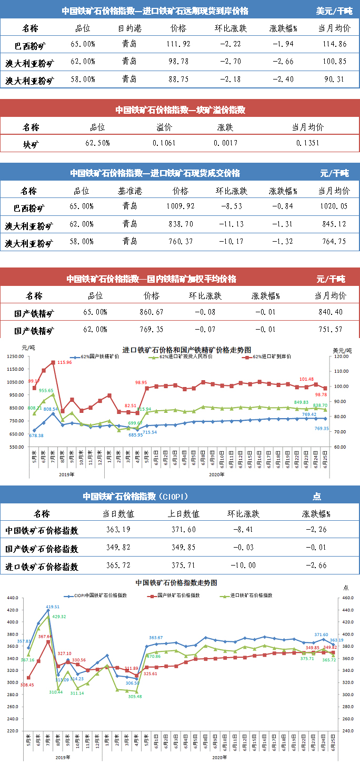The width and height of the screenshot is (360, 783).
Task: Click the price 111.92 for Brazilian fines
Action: pos(178,44)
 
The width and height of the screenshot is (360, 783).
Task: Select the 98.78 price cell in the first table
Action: pos(178,62)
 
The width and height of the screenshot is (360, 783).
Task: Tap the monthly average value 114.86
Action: pos(334,44)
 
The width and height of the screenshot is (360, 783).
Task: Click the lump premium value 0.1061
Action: pos(164,143)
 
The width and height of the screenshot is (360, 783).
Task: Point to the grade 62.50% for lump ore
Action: pos(97,143)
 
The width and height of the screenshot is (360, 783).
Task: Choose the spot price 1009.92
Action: pos(180,206)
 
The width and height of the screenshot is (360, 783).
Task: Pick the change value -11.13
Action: pos(231,224)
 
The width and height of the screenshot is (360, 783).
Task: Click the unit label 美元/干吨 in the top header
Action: pos(334,11)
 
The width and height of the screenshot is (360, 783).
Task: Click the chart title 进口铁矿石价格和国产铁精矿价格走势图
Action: pos(187,350)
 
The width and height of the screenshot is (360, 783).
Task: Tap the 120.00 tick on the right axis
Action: pos(339,356)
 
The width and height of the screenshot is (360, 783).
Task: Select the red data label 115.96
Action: pos(64,363)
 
